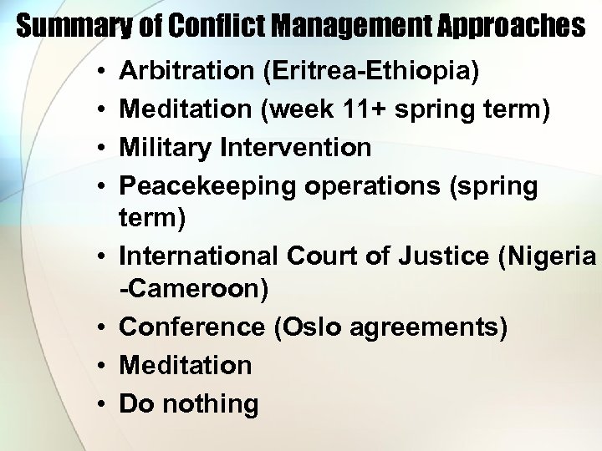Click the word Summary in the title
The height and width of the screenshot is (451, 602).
(64, 28)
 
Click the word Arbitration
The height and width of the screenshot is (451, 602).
(188, 71)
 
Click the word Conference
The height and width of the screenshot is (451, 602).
(192, 327)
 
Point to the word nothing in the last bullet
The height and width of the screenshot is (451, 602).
(212, 403)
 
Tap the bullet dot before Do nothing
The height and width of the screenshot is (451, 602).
(99, 404)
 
